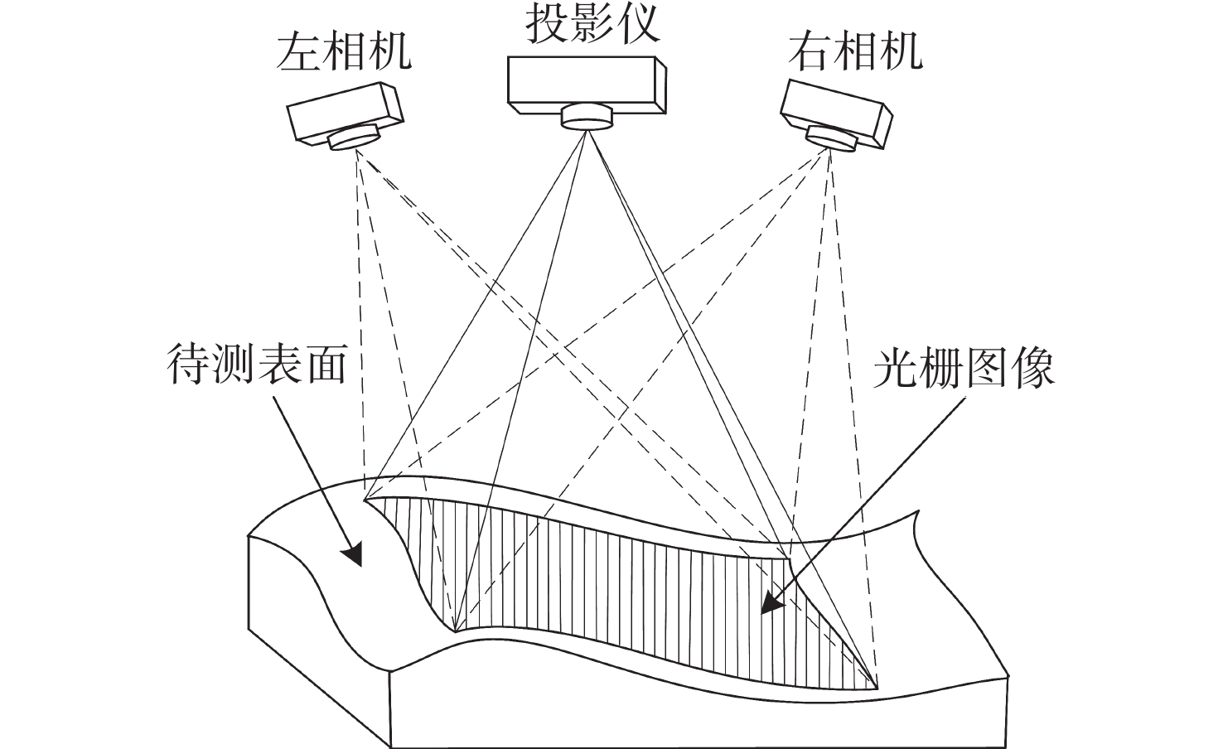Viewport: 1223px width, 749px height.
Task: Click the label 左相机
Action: click(344, 52)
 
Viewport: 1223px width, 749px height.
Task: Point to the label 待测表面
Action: click(257, 365)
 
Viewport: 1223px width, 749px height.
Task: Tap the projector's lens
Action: click(587, 117)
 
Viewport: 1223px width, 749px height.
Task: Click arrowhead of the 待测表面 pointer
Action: click(354, 555)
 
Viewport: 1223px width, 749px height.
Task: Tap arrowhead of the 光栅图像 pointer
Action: click(772, 603)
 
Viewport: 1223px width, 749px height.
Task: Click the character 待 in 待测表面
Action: click(190, 365)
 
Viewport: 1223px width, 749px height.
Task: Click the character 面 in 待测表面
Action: click(324, 365)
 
